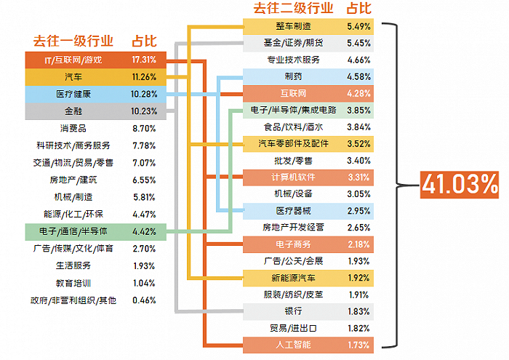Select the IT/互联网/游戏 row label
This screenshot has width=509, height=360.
click(73, 60)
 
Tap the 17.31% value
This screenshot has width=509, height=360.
click(144, 60)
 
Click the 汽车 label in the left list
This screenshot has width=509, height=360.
click(73, 76)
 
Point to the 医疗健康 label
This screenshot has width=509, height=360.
click(73, 94)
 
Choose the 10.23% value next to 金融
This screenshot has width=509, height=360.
click(144, 111)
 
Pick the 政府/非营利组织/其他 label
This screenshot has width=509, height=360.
click(73, 300)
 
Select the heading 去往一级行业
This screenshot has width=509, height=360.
click(73, 41)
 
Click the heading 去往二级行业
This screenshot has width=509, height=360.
click(293, 9)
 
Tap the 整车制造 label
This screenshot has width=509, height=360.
click(293, 26)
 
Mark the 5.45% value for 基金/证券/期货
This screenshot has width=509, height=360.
click(358, 43)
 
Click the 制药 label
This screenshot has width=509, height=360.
click(293, 76)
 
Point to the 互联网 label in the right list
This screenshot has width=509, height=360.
click(293, 94)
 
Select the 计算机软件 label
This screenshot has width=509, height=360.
click(293, 177)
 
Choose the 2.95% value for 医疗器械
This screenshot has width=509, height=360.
click(358, 211)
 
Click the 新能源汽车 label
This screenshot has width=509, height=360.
click(293, 278)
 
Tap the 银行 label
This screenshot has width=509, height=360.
click(293, 311)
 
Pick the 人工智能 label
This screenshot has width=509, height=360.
click(293, 344)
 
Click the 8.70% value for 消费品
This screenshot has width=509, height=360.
click(144, 129)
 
